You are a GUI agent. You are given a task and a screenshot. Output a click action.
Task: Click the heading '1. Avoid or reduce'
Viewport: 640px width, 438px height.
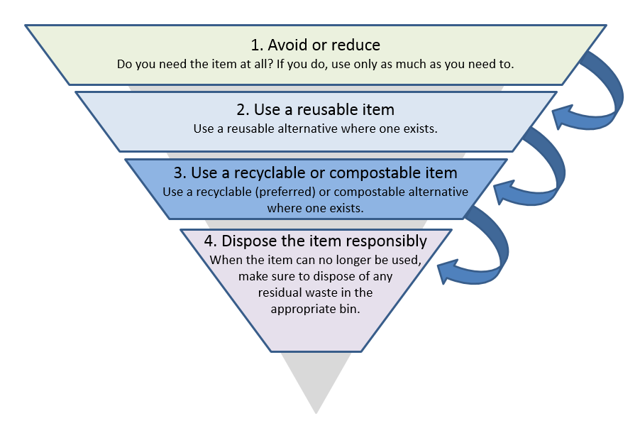tap(315, 45)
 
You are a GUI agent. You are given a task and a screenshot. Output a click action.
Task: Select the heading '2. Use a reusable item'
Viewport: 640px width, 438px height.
tap(315, 110)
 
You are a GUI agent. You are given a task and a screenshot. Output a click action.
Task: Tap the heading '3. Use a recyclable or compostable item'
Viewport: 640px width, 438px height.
tap(315, 173)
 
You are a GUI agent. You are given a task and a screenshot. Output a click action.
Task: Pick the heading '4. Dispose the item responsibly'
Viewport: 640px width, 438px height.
tap(315, 241)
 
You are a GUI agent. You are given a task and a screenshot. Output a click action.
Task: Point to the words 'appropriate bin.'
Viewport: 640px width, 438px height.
tap(315, 310)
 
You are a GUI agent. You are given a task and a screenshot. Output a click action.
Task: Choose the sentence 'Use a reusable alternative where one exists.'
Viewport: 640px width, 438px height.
tap(315, 129)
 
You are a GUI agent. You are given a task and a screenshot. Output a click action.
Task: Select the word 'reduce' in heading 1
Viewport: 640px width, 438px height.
tap(358, 45)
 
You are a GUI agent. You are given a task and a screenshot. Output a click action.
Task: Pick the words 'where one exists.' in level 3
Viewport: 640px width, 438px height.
tap(315, 209)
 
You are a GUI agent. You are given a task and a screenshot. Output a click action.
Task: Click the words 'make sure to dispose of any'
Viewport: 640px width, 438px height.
tap(315, 276)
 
